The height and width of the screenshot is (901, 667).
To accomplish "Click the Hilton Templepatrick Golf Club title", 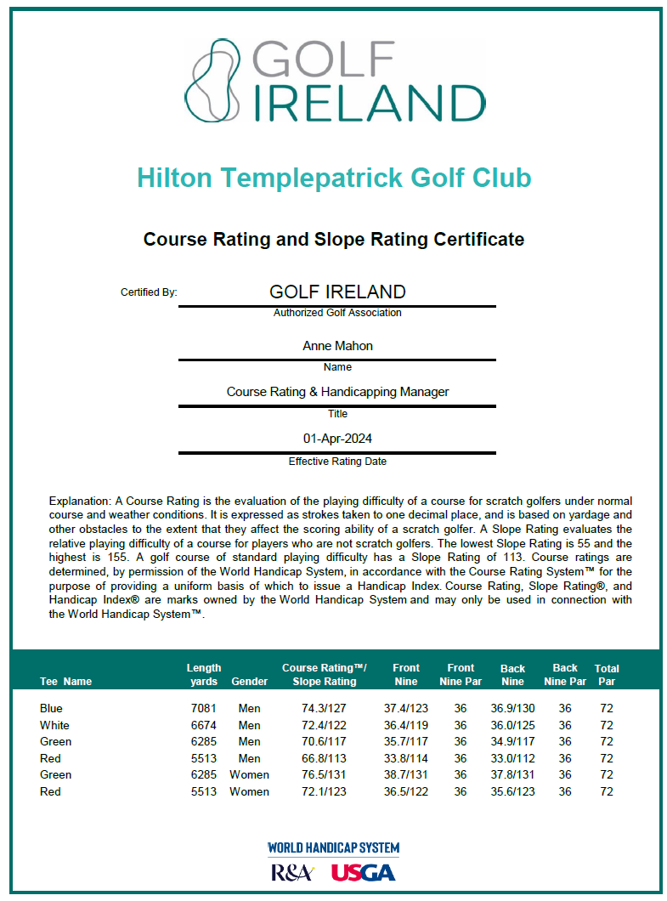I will [334, 178].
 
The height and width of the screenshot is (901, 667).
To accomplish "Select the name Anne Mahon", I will [337, 346].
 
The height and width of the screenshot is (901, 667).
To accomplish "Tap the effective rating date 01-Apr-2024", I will [337, 439].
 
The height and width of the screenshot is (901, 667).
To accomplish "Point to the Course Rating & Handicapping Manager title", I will [337, 392].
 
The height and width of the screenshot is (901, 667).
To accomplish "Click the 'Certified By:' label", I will [149, 292].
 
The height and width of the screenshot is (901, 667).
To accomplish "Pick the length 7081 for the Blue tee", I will [204, 708].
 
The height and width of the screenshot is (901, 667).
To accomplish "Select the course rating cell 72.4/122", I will [319, 725].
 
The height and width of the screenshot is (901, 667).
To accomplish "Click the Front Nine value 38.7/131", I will [406, 774].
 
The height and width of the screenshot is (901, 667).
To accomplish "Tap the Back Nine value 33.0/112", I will [512, 758].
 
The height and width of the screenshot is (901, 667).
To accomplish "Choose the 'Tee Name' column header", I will [65, 681].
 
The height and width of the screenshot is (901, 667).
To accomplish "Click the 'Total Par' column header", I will [607, 675].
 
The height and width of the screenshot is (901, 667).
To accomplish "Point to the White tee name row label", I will [54, 725].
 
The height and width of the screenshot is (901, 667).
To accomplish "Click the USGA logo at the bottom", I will [363, 873].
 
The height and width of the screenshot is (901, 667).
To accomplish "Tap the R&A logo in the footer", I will [292, 873].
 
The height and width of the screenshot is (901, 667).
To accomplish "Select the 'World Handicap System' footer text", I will [333, 848].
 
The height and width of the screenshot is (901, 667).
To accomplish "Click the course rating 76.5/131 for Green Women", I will [319, 774].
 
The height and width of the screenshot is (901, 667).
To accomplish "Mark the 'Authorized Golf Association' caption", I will [337, 313].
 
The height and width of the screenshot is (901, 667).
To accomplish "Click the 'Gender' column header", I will [249, 681].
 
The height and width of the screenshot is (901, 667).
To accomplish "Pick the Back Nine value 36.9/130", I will [512, 708].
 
